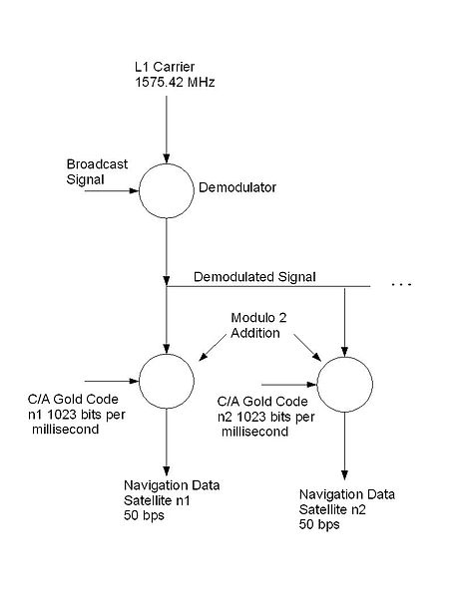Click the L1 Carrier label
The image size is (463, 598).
tap(165, 67)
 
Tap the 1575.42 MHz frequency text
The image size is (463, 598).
tap(175, 82)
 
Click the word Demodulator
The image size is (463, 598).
tap(237, 187)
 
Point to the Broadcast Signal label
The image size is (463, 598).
tap(97, 171)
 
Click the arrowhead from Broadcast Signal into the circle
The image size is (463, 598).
tap(135, 190)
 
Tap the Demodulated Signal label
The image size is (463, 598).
tap(254, 277)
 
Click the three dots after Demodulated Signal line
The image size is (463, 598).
tap(401, 284)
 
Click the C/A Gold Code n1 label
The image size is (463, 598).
tap(77, 415)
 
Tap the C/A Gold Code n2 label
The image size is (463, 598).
tap(266, 417)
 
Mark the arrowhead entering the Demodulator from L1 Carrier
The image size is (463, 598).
tap(167, 158)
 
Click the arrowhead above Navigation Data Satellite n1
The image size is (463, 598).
tap(167, 470)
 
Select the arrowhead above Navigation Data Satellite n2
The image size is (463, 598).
tap(344, 474)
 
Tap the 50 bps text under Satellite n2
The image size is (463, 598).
tap(319, 524)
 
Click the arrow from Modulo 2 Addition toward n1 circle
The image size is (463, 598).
tap(213, 347)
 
